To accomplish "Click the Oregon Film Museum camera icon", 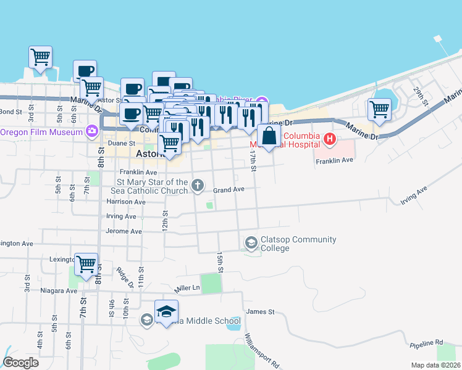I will click(x=92, y=131).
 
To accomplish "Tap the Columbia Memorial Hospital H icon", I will click(x=329, y=139).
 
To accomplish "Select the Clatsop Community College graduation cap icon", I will click(x=251, y=243).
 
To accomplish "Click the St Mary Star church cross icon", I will click(x=198, y=185).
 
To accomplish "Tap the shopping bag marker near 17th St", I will click(x=269, y=138).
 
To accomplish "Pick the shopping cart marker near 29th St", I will click(x=379, y=110).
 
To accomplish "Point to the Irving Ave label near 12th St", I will click(x=121, y=216).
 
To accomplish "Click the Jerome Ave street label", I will click(x=124, y=231).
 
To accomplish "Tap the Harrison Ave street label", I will click(x=126, y=202).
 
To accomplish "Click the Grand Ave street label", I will click(x=229, y=190).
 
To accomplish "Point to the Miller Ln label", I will click(x=188, y=288).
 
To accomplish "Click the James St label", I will click(x=260, y=312).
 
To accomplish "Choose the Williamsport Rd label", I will click(x=262, y=351).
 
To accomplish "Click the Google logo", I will click(x=21, y=363).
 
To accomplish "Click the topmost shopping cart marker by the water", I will click(x=40, y=57).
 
